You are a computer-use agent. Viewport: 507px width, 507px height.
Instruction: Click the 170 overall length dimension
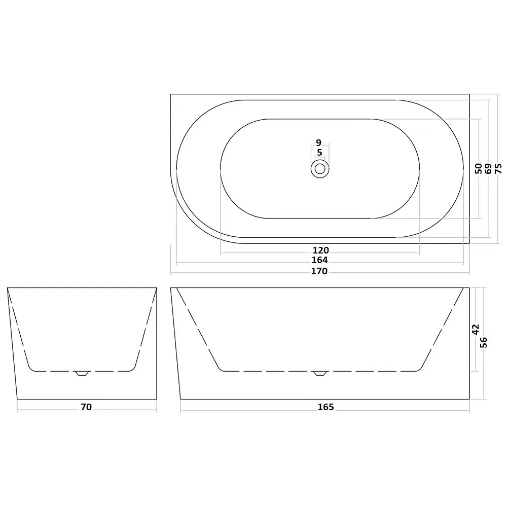[x=319, y=271]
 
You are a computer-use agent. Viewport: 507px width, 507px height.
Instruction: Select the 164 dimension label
[x=320, y=260]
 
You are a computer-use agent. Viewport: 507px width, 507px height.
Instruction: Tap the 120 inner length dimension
[x=321, y=250]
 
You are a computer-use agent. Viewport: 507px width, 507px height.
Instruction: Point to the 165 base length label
[x=325, y=407]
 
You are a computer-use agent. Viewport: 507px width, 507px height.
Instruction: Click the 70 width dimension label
[x=86, y=407]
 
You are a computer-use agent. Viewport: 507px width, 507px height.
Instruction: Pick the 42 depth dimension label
[x=476, y=330]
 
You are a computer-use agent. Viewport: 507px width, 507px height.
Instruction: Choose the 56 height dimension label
[x=483, y=342]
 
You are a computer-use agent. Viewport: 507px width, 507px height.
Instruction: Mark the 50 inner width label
[x=479, y=168]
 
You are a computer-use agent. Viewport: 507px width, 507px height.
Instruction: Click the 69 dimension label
[x=488, y=168]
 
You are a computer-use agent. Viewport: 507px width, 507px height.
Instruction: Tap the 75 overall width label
[x=498, y=168]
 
